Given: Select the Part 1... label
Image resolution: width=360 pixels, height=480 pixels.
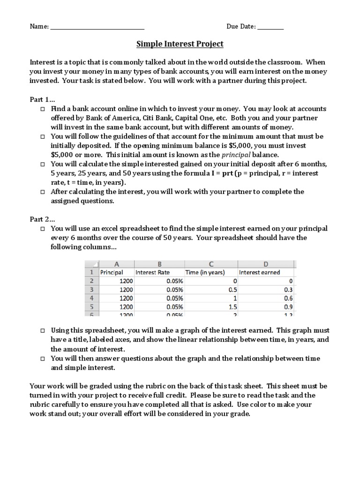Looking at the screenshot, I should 42,99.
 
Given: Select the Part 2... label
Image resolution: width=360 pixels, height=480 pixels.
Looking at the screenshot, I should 42,219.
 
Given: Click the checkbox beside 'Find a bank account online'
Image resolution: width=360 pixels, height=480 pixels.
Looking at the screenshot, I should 42,109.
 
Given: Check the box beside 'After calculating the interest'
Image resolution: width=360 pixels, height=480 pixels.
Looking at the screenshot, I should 42,192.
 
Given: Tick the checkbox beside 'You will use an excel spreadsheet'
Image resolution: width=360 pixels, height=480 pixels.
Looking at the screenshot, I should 42,229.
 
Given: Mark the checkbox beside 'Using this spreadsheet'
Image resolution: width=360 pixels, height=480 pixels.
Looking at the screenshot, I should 42,330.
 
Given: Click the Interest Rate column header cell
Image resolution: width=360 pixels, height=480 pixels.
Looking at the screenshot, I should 153,272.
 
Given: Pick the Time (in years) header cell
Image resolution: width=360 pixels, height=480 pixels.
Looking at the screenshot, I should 205,272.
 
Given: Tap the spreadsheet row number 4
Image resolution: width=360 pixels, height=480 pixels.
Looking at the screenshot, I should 91,298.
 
